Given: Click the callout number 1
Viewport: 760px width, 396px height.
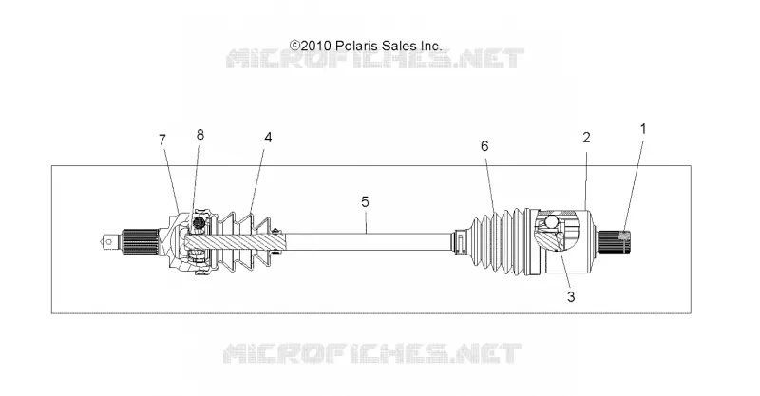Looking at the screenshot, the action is pyautogui.click(x=643, y=129).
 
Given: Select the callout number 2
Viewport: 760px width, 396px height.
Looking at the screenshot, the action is pyautogui.click(x=586, y=138).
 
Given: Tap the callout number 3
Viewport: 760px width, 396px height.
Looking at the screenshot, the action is pyautogui.click(x=571, y=296).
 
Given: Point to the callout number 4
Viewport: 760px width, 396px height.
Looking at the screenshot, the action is pyautogui.click(x=268, y=138).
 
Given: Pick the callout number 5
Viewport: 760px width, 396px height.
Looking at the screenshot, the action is pyautogui.click(x=365, y=201).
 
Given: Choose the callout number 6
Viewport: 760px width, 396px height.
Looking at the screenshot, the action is pyautogui.click(x=484, y=146).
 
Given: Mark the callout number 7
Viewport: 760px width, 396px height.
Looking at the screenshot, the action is pyautogui.click(x=162, y=140).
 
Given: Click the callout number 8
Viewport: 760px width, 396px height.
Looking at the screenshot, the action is pyautogui.click(x=200, y=135).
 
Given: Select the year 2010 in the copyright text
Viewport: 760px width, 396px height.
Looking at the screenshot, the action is pyautogui.click(x=315, y=46).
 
